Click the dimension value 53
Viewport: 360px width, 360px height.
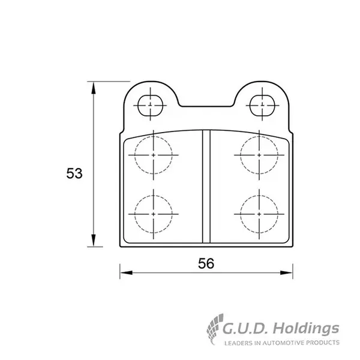pos(74,173)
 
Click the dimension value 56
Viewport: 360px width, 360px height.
pos(206,263)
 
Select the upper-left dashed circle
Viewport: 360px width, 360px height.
pos(135,155)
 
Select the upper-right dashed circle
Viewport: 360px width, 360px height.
pos(241,155)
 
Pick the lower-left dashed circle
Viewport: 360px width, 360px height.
pos(135,214)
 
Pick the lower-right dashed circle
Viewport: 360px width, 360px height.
pos(241,214)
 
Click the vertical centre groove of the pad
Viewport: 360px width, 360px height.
pos(206,187)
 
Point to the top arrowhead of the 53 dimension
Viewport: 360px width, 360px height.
pos(93,88)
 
